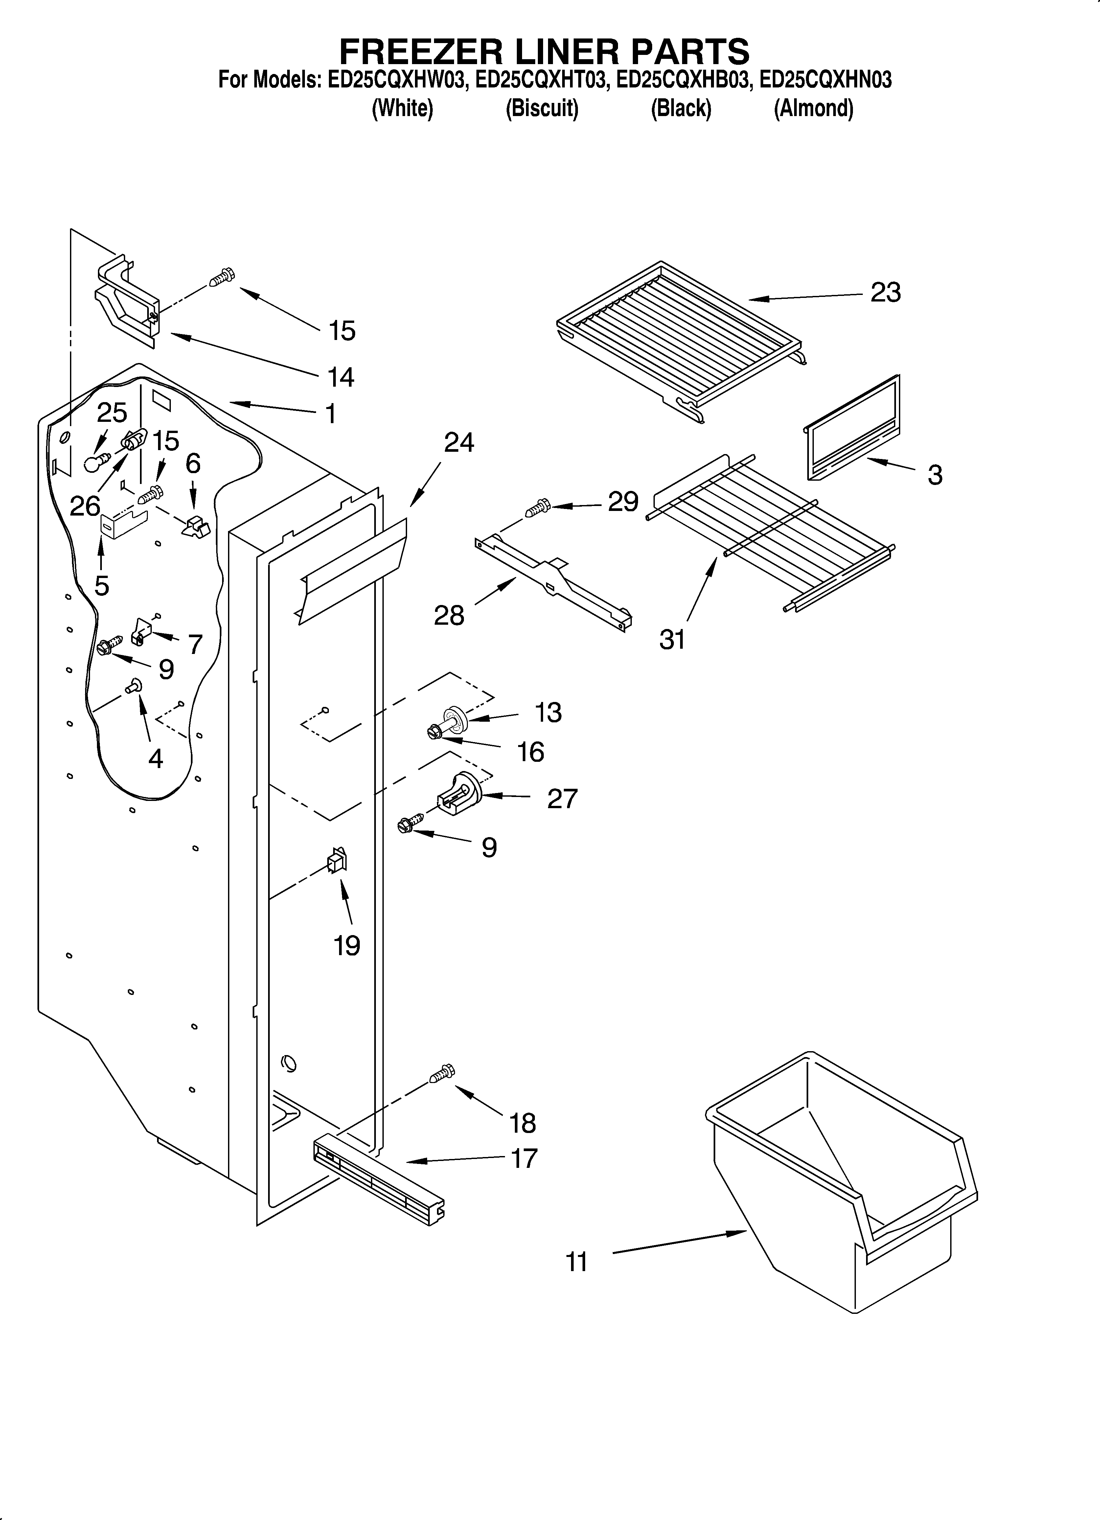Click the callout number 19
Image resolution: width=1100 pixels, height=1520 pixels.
(347, 946)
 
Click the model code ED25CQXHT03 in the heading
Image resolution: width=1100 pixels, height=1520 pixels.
(541, 81)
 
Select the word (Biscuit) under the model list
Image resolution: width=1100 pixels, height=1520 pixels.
(541, 109)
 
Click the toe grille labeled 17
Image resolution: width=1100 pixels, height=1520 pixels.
(378, 1182)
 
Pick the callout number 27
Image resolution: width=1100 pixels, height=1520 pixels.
(562, 799)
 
